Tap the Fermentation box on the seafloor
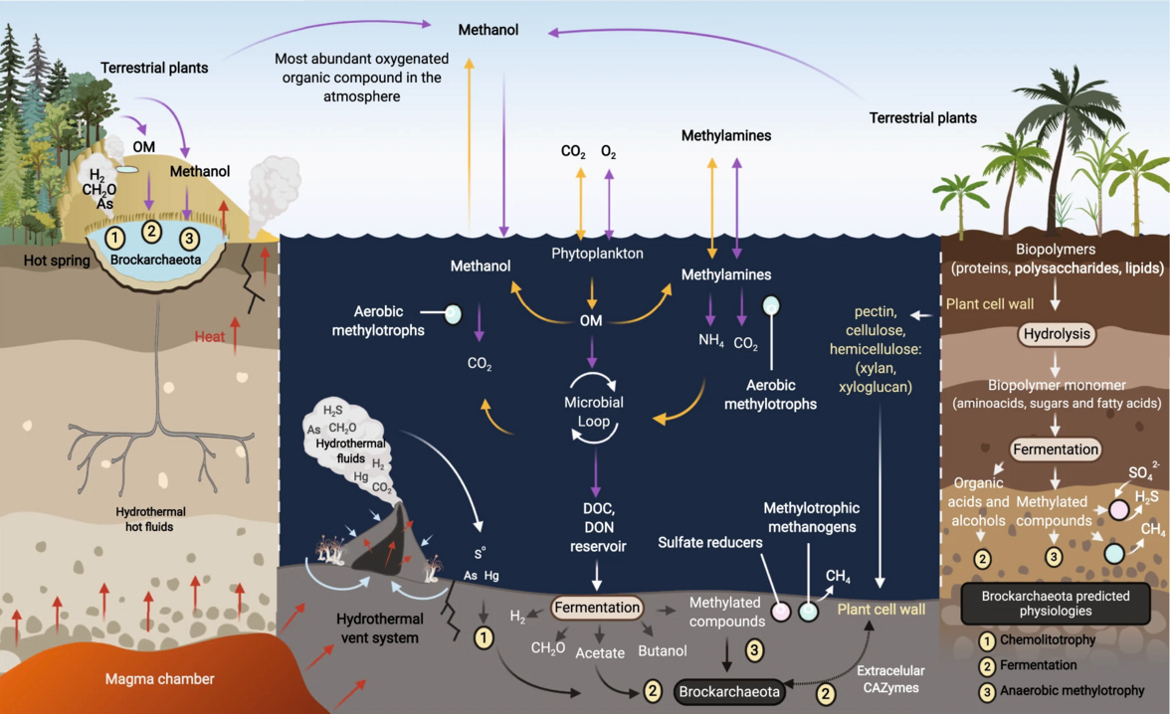point(597,607)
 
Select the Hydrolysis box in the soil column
point(1058,334)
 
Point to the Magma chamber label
point(159,679)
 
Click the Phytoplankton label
point(597,254)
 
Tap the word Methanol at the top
point(488,30)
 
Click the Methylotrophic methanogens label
point(811,518)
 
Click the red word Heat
point(209,336)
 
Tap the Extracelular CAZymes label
point(889,679)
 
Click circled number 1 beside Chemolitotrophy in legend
point(984,639)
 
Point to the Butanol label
point(663,651)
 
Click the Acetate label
point(600,652)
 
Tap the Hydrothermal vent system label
point(374,628)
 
